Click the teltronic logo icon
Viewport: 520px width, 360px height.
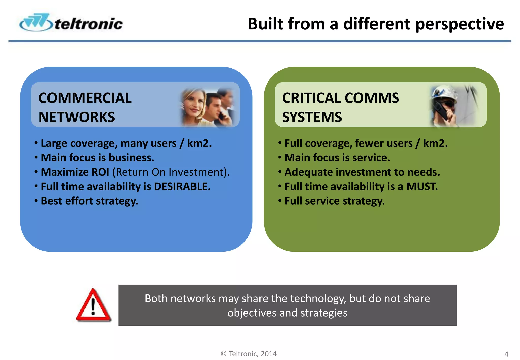[x=36, y=23]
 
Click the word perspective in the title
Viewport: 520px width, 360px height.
[x=460, y=24]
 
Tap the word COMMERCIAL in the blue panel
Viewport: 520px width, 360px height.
[x=85, y=98]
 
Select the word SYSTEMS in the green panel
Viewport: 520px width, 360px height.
[x=312, y=117]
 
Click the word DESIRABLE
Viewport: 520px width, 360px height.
[x=182, y=187]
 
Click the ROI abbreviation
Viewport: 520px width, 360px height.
[x=100, y=172]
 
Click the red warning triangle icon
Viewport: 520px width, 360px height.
[x=93, y=306]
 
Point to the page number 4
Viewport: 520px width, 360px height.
[x=506, y=354]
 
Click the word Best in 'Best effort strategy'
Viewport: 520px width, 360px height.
[x=52, y=201]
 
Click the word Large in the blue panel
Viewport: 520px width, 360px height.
[x=54, y=143]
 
